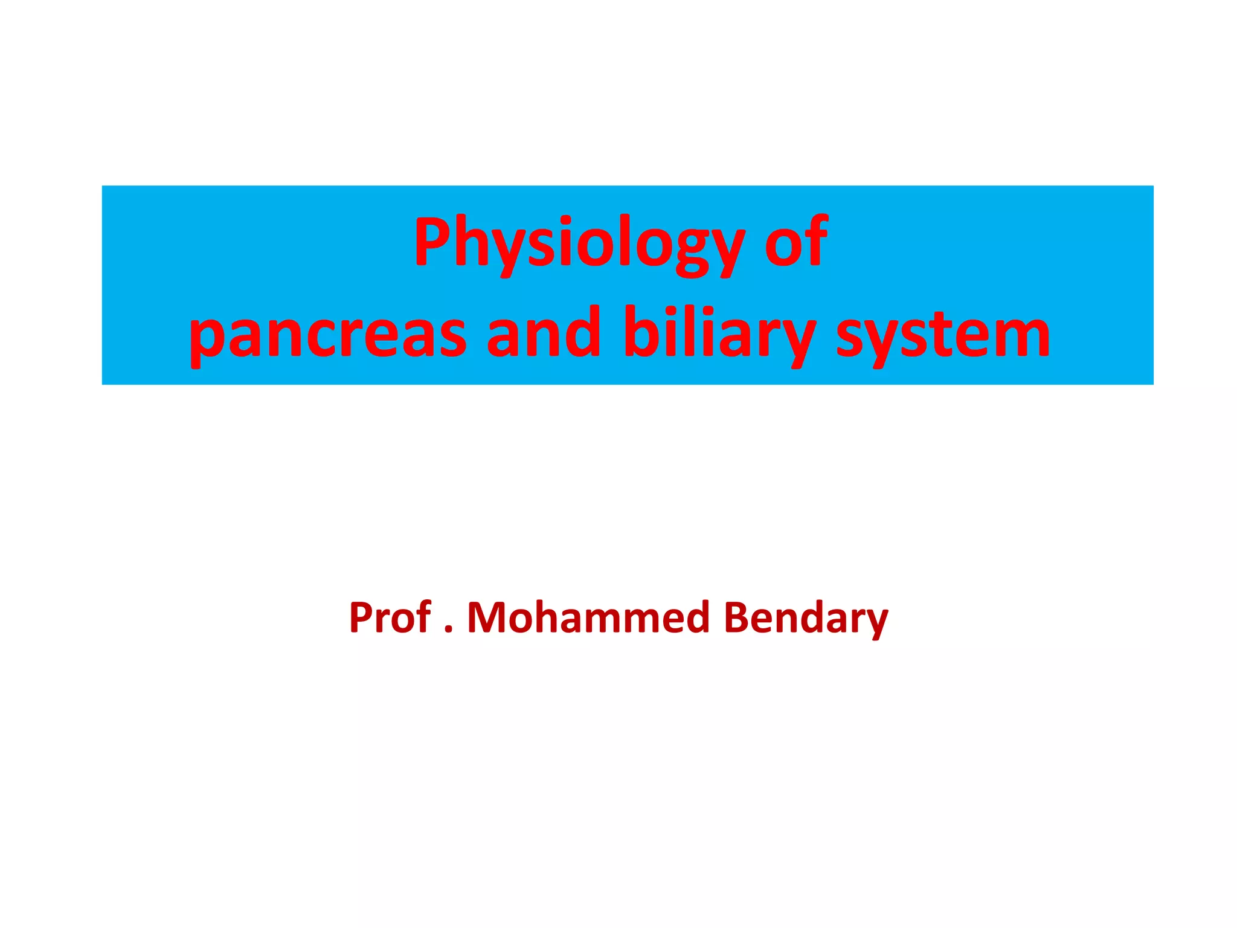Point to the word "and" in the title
click(x=544, y=332)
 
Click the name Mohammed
click(x=588, y=617)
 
